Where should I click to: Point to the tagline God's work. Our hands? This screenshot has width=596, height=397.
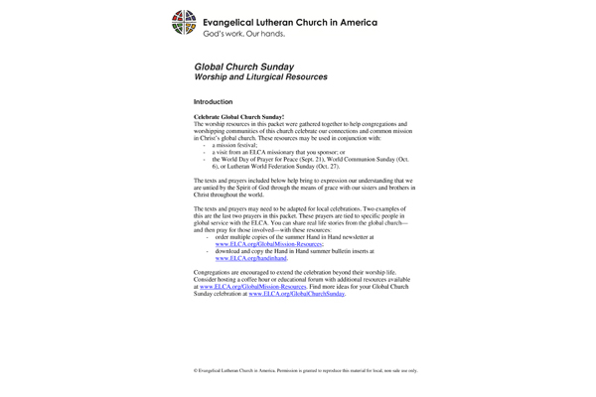pos(244,34)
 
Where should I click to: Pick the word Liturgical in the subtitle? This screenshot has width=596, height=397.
pos(276,76)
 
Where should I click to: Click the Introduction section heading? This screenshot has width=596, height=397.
pos(213,102)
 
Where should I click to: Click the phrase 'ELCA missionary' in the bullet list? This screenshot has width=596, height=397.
pos(269,151)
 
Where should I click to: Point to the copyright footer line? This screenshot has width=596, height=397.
pos(305,368)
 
